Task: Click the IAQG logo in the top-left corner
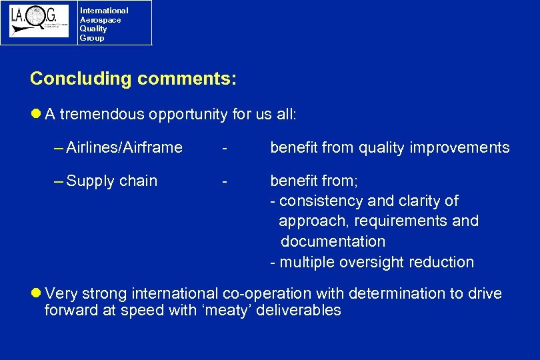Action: (39, 21)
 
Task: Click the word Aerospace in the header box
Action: (100, 20)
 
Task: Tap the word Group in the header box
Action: (92, 38)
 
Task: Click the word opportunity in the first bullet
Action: (189, 114)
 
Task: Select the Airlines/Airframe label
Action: (124, 147)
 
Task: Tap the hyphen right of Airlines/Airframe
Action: (227, 147)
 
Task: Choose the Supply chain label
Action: (112, 181)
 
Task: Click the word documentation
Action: (333, 241)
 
